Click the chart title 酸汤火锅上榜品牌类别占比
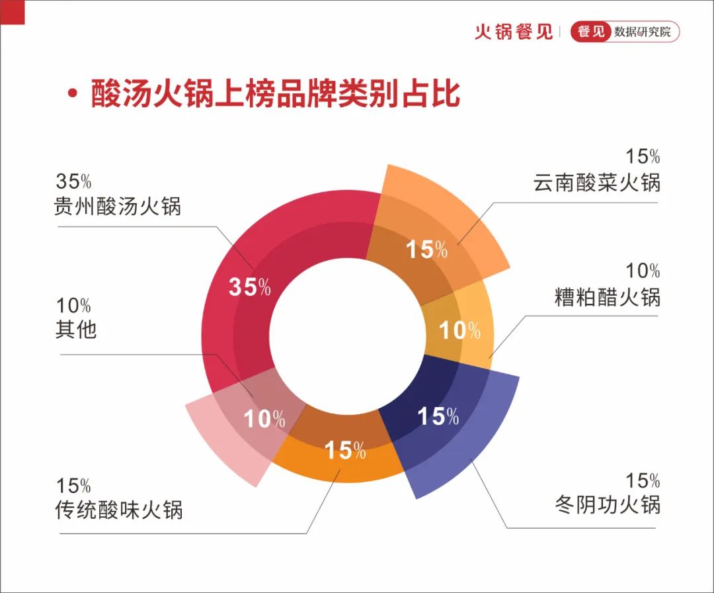pos(276,93)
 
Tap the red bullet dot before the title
pos(72,93)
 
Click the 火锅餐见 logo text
pos(514,32)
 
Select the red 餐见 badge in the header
pos(590,32)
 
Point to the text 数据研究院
pos(643,32)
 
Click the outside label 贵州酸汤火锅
pos(118,206)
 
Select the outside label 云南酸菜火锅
pos(596,182)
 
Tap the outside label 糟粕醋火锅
pos(607,297)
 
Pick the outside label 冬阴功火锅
pos(607,505)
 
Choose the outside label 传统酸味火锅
pos(119,510)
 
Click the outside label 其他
pos(76,329)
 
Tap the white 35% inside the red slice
pos(249,287)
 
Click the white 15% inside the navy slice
pos(438,416)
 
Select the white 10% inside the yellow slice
pos(459,330)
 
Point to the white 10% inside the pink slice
pos(264,418)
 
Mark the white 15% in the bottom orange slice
pos(345,450)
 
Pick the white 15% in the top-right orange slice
pos(426,250)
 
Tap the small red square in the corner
pos(13,12)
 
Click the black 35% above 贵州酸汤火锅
pos(73,181)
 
